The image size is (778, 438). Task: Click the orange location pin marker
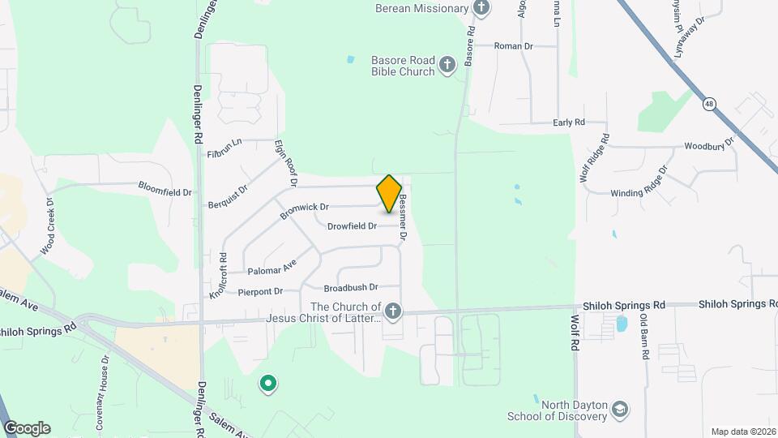point(389,194)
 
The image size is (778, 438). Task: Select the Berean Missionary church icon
point(482,8)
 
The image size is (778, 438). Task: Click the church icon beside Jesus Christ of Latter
point(392,311)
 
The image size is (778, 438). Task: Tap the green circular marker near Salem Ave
point(267,383)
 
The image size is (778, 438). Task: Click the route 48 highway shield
point(710,104)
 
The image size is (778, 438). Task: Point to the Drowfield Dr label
point(352,226)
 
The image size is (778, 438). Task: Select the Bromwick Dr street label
point(304,211)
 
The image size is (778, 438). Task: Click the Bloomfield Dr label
point(165,192)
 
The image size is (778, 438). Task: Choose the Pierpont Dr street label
point(260,291)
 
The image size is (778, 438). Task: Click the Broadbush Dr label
point(351,287)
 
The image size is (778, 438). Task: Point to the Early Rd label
point(568,122)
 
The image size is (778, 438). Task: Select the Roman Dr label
point(514,46)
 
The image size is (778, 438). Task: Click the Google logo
point(26,428)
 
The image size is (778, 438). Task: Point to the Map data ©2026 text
point(742,432)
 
